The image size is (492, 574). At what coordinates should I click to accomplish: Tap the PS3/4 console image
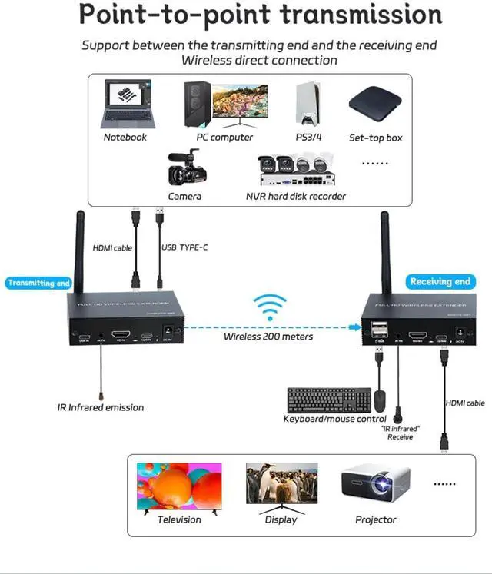pyautogui.click(x=308, y=103)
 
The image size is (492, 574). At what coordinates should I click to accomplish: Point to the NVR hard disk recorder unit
pyautogui.click(x=296, y=171)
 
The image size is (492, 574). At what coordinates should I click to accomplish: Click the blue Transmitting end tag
pyautogui.click(x=38, y=283)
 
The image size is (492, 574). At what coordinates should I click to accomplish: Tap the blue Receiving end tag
pyautogui.click(x=440, y=281)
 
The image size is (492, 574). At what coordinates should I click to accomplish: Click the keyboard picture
pyautogui.click(x=328, y=400)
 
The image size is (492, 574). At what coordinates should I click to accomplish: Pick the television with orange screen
pyautogui.click(x=178, y=486)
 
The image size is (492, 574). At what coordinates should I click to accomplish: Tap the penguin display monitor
pyautogui.click(x=281, y=483)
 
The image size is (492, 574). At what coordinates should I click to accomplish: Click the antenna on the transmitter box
pyautogui.click(x=79, y=254)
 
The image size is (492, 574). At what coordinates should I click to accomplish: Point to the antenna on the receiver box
pyautogui.click(x=387, y=254)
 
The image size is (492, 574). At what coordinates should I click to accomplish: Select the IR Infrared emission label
pyautogui.click(x=100, y=407)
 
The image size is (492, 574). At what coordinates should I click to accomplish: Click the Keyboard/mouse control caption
pyautogui.click(x=334, y=419)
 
